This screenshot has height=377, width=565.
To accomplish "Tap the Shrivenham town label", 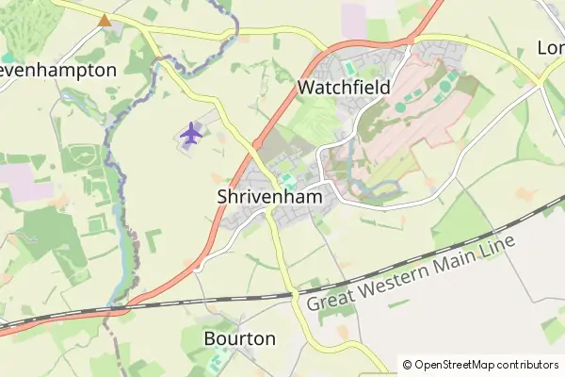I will coord(269,198).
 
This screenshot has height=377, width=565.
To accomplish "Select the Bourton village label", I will coord(240,338).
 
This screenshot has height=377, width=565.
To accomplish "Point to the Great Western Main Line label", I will coord(412,273).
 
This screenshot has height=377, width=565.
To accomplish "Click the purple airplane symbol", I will coord(191,134).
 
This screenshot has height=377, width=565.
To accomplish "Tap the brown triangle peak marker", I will coord(104,19).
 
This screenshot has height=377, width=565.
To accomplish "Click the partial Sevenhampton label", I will coord(58,71).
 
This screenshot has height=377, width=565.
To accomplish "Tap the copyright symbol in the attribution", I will coord(407,365).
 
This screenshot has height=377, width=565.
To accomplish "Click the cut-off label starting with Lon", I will coord(550,47).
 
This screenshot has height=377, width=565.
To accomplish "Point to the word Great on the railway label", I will coord(331,299).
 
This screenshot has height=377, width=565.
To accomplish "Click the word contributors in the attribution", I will coord(526,365).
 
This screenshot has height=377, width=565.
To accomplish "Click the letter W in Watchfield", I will coord(305,88).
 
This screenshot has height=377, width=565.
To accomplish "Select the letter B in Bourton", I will coord(210,338).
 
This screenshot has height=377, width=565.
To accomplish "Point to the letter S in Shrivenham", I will coord(222,198).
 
